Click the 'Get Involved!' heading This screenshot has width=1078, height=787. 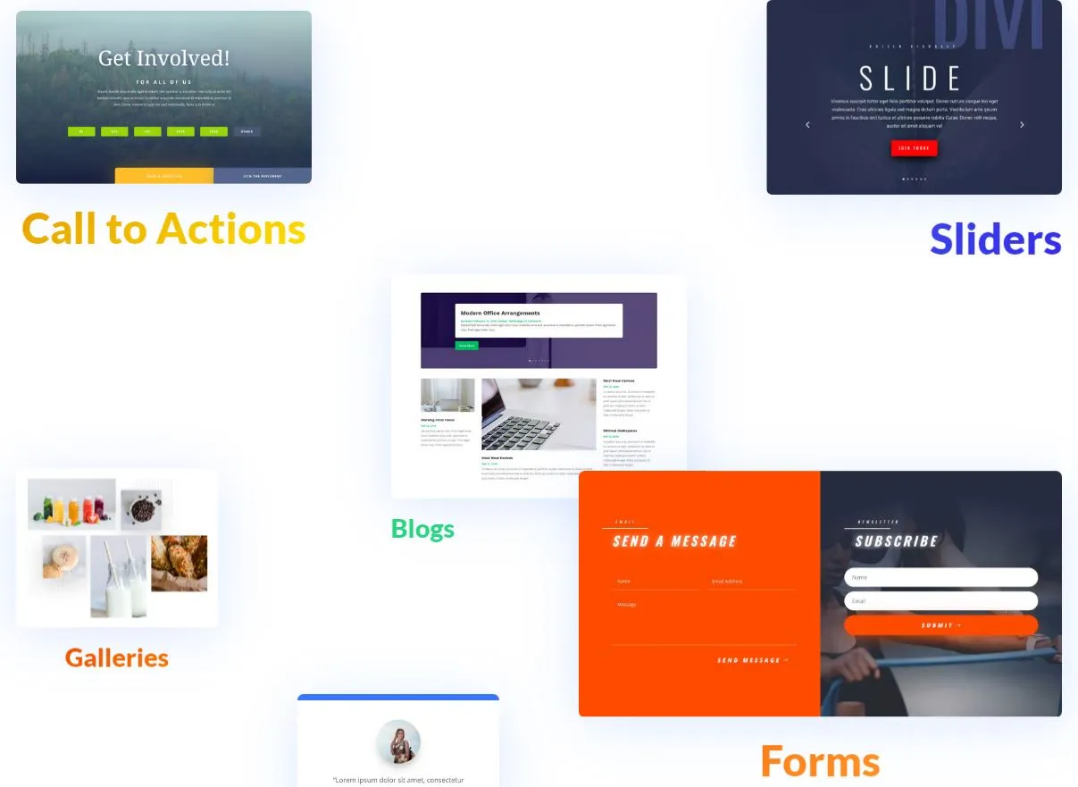tap(163, 59)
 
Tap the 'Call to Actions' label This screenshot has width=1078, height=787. tap(163, 230)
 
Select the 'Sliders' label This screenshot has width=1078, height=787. tap(995, 239)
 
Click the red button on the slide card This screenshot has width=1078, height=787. tap(914, 148)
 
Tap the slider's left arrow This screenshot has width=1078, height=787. tap(808, 125)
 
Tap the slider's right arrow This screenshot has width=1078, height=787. tap(1022, 125)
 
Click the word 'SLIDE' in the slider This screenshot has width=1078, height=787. tap(910, 80)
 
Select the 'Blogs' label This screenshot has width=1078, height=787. tap(422, 529)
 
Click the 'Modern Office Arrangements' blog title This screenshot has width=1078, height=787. tap(500, 314)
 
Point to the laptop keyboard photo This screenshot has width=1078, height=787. tap(539, 415)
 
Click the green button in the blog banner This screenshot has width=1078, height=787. tap(466, 346)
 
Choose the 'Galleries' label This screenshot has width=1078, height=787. tap(117, 658)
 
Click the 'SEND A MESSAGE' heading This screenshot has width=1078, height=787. tap(674, 541)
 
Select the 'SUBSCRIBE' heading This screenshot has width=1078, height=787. tap(896, 541)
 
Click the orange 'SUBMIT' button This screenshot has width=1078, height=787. tap(940, 625)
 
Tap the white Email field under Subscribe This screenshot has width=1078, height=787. tap(940, 601)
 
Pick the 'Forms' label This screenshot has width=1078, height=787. tap(820, 762)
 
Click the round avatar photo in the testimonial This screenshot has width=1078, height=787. tap(398, 742)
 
